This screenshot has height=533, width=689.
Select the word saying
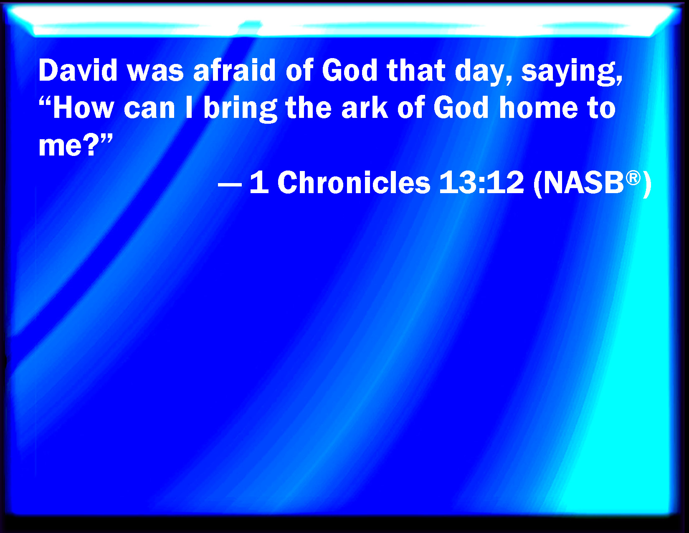pos(571,73)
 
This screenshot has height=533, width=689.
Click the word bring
pos(240,110)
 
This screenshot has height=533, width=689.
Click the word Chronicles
pos(354,182)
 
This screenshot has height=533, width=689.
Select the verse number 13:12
pos(481,182)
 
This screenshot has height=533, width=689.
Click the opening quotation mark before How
pos(45,102)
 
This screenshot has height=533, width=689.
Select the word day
pos(479,73)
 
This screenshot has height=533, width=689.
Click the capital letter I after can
pos(189,108)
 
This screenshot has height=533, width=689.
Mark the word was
pos(155,73)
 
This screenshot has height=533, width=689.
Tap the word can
pos(149,110)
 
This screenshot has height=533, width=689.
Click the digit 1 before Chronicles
pos(260,182)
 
